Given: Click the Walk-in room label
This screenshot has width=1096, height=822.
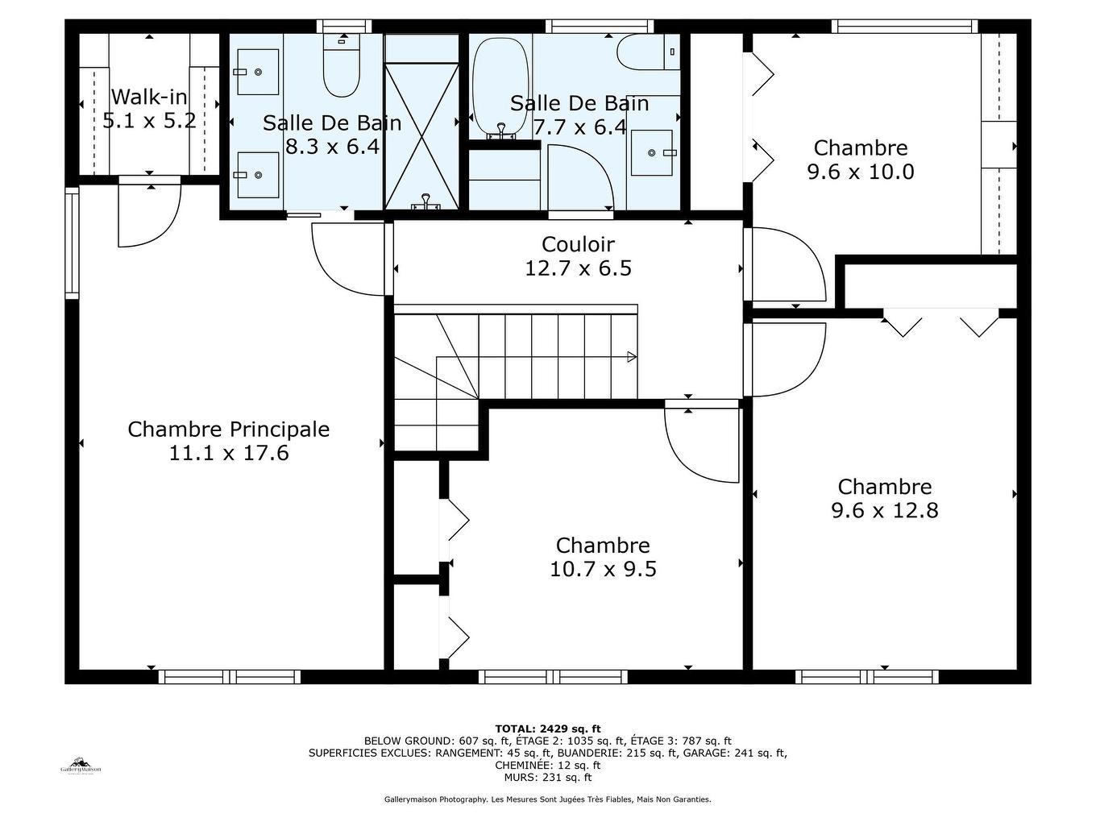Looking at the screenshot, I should [x=149, y=97].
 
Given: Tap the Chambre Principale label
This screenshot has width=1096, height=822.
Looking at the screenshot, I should [x=229, y=429].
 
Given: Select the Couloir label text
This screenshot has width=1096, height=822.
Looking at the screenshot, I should [x=578, y=244].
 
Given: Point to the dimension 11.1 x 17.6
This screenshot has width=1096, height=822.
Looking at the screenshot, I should [x=229, y=453].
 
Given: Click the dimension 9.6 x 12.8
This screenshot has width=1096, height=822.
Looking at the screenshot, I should [x=885, y=510].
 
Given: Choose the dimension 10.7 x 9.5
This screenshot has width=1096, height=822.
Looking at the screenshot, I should [x=603, y=569].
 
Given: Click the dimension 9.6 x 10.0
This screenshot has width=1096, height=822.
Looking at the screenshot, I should [x=861, y=172].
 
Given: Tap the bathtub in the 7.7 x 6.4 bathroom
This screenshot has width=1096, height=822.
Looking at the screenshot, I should [x=500, y=85].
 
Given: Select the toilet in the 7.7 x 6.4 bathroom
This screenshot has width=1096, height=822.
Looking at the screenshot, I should [x=647, y=52].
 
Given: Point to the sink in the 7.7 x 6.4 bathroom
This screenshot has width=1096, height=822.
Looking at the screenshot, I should [x=652, y=152].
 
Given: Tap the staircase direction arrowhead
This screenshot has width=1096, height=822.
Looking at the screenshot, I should [x=632, y=357].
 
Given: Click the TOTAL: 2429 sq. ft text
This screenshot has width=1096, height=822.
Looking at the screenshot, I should [x=548, y=729].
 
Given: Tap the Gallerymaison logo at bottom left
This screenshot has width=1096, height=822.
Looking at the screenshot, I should [x=81, y=766].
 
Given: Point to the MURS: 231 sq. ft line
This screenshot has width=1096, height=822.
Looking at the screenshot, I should [x=548, y=778].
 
